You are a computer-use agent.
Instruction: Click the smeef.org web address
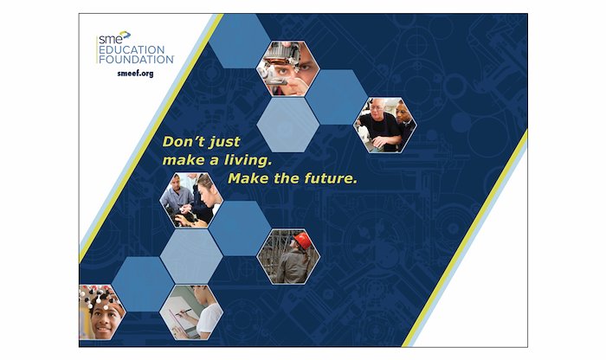(x=135, y=73)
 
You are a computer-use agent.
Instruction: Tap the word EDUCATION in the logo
(x=132, y=50)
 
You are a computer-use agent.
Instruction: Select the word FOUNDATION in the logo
(x=136, y=59)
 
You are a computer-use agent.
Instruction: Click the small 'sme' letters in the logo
(x=110, y=39)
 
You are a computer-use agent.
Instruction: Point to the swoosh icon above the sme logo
(x=126, y=35)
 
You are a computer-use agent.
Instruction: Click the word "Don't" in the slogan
(x=180, y=141)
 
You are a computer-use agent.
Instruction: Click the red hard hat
(x=303, y=241)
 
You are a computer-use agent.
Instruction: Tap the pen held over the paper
(x=183, y=312)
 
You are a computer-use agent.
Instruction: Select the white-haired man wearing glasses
(x=378, y=124)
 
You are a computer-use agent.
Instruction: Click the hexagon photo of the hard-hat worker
(x=288, y=257)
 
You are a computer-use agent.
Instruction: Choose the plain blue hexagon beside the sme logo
(x=240, y=41)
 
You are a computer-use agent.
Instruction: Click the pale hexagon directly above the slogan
(x=288, y=125)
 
